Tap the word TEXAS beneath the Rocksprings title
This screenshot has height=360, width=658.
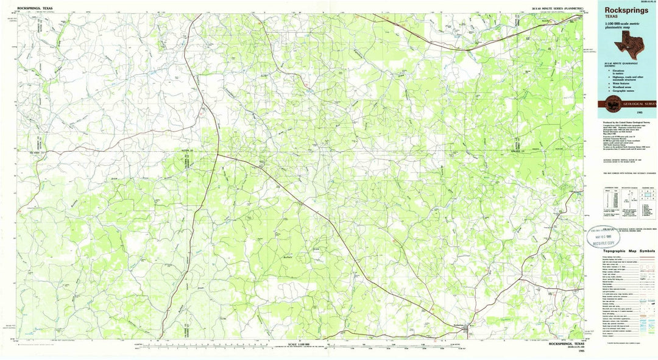[612, 17]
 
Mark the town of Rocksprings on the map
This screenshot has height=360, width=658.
[468, 330]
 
